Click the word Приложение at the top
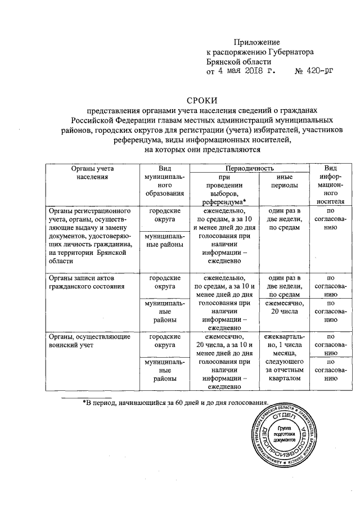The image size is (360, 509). coord(256,43)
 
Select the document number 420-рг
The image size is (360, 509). coord(314,71)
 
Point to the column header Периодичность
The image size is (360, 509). coord(249,168)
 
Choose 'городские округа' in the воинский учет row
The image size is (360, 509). coord(164,341)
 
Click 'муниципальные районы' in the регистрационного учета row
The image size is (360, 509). coord(164,240)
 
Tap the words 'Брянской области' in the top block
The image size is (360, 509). coord(239,62)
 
